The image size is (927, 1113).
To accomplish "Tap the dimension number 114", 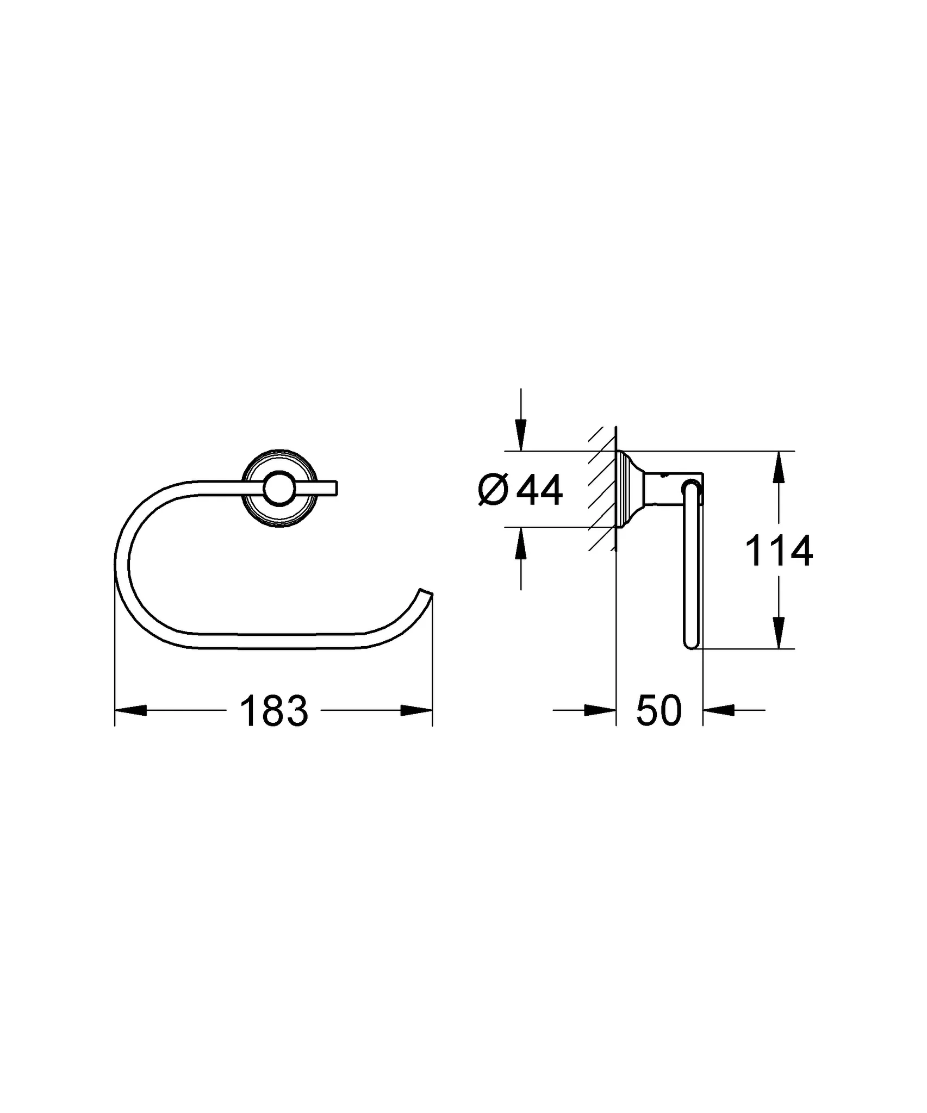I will pyautogui.click(x=778, y=551).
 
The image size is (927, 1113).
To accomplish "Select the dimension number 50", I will pyautogui.click(x=658, y=711).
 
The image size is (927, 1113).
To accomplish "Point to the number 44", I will pyautogui.click(x=539, y=491).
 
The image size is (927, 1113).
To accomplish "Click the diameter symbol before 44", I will pyautogui.click(x=493, y=491).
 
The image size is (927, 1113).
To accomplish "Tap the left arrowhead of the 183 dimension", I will pyautogui.click(x=130, y=710).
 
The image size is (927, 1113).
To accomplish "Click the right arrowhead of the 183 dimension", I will pyautogui.click(x=416, y=710).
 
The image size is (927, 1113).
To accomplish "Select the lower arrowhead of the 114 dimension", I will pyautogui.click(x=779, y=633).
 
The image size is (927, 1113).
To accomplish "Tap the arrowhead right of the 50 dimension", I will pyautogui.click(x=719, y=710).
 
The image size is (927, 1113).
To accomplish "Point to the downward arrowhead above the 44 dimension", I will pyautogui.click(x=521, y=435).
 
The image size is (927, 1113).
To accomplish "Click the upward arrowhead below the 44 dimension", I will pyautogui.click(x=521, y=543).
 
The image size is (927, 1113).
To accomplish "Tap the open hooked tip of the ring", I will pyautogui.click(x=425, y=593).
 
